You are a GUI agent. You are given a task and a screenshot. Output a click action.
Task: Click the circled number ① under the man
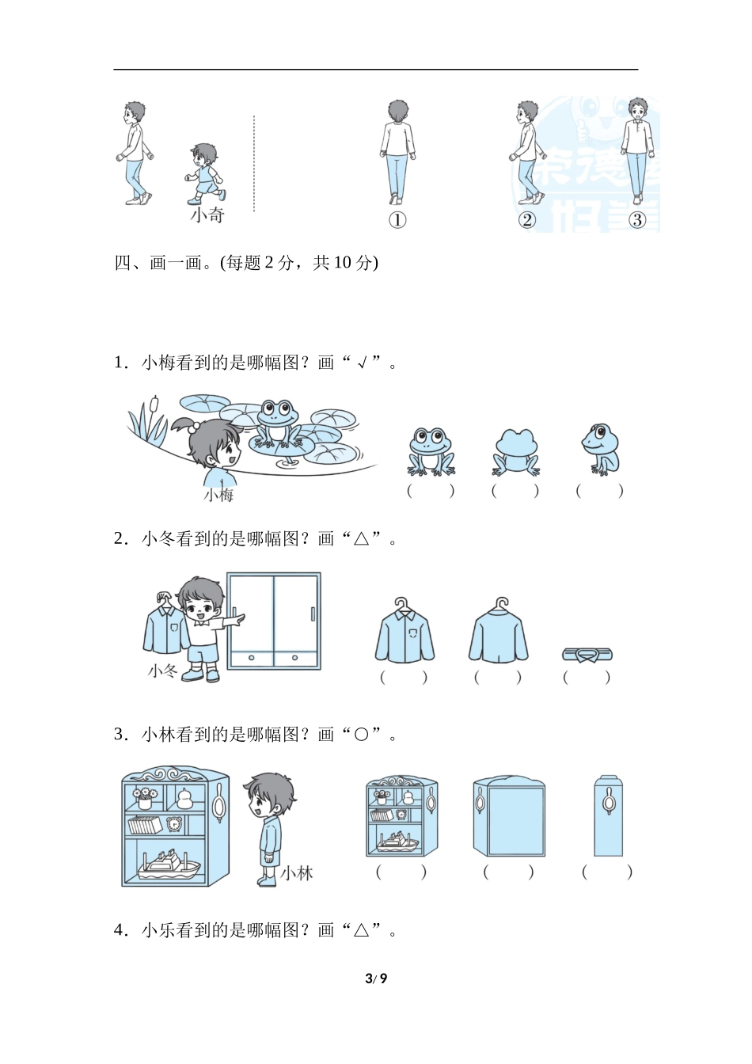point(397,220)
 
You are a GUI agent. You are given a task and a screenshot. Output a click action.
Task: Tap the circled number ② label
point(527,220)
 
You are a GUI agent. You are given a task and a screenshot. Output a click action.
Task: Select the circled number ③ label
point(637,220)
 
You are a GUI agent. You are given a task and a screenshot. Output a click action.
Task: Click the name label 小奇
point(207,215)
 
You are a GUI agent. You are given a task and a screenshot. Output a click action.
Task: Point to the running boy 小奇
point(206,173)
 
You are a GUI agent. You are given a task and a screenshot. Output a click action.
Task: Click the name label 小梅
point(219,495)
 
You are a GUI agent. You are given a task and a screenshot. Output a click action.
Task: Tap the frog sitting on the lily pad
point(277,424)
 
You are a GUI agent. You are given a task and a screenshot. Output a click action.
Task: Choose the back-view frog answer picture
point(515,451)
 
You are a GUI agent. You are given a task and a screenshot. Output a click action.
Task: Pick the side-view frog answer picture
point(600,449)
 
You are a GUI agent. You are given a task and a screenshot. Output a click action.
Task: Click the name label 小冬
point(163,671)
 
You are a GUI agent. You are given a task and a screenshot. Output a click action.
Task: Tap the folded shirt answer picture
point(587,654)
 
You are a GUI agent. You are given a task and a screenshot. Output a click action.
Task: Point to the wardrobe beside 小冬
point(274,621)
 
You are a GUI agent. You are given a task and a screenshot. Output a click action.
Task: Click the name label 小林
point(297,873)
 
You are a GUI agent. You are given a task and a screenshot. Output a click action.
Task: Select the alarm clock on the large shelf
point(174,824)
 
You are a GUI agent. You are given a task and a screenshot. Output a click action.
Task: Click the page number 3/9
point(376,978)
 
